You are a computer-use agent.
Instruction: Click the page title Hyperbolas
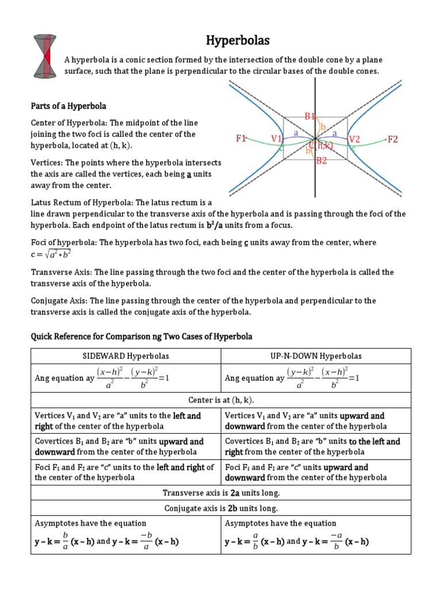coord(238,40)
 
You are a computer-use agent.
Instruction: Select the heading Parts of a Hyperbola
coord(68,106)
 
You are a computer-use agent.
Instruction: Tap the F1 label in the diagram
coord(241,139)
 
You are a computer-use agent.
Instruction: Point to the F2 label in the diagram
coord(393,139)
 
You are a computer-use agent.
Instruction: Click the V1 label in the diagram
coord(277,139)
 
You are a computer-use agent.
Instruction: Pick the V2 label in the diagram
coord(355,139)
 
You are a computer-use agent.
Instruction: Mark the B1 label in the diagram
coord(311,116)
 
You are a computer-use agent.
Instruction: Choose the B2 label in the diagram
coord(322,161)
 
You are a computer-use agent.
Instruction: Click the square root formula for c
coord(55,254)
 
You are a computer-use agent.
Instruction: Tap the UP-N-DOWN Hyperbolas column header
coord(316,356)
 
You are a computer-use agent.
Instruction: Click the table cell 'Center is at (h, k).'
coord(221,400)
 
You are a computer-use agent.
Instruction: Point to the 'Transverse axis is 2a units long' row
coord(221,492)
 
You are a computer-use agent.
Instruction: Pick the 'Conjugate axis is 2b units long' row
coord(221,508)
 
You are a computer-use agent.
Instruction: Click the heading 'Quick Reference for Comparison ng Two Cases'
coord(142,336)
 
